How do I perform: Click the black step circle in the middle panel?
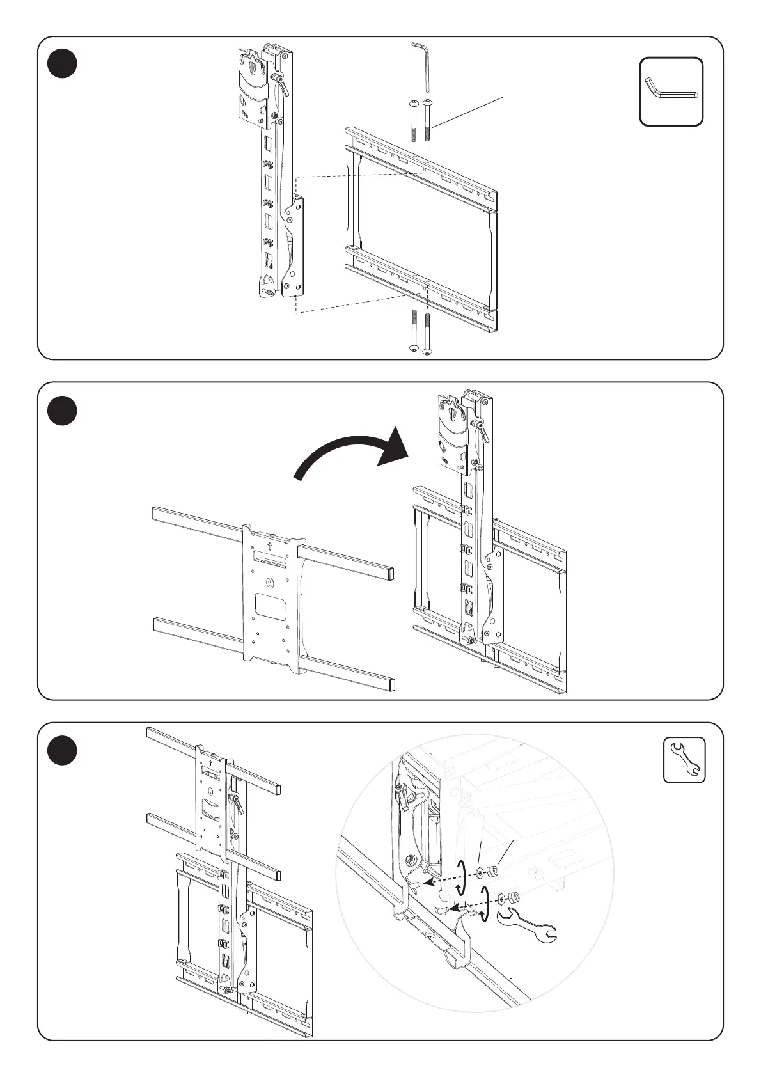pyautogui.click(x=63, y=411)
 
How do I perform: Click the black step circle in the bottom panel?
pyautogui.click(x=63, y=751)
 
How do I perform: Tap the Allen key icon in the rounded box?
pyautogui.click(x=671, y=91)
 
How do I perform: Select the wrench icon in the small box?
pyautogui.click(x=684, y=759)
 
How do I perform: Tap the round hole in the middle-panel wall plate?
pyautogui.click(x=270, y=583)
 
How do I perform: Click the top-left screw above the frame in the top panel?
pyautogui.click(x=413, y=122)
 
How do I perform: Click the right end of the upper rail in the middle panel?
pyautogui.click(x=388, y=570)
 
